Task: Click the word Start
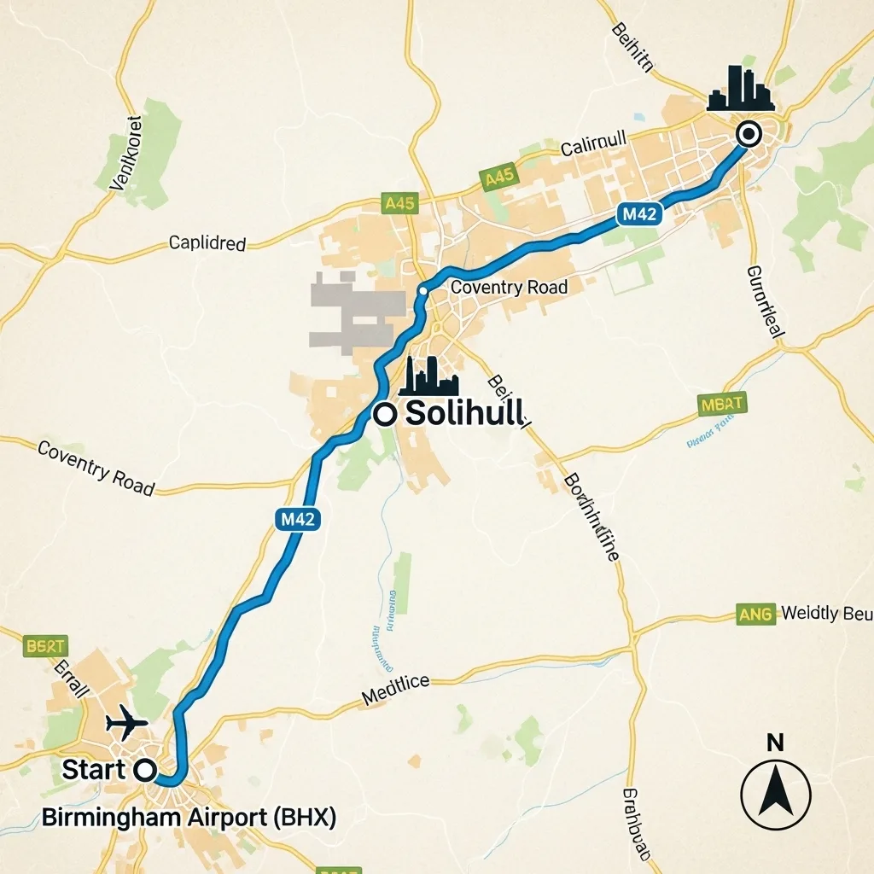[x=94, y=769]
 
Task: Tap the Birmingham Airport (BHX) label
[x=189, y=817]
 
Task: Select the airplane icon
[x=127, y=723]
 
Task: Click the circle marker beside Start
[x=146, y=770]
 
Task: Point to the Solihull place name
[x=466, y=414]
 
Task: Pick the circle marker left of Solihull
[x=385, y=414]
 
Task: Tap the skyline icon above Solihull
[x=429, y=376]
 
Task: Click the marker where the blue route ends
[x=749, y=134]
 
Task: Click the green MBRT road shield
[x=722, y=404]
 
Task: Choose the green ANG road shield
[x=756, y=614]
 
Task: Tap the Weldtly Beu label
[x=826, y=614]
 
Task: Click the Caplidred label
[x=207, y=243]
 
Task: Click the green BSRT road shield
[x=45, y=645]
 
